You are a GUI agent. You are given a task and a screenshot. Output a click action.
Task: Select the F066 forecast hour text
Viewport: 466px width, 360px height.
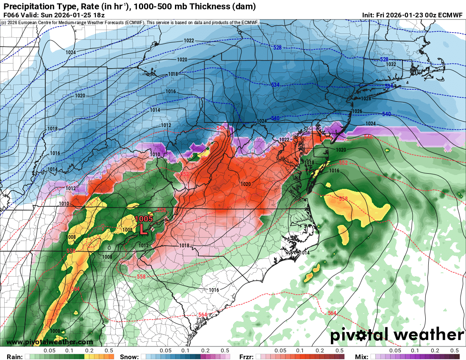pos(11,15)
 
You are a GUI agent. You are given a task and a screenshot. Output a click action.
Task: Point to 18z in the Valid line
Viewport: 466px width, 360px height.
pos(96,15)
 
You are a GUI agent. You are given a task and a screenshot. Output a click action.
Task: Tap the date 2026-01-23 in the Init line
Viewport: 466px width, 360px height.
pos(408,15)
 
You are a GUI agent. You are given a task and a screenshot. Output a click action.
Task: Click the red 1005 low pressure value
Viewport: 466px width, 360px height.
pos(144,219)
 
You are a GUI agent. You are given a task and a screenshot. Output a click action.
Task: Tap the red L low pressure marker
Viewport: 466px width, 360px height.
pos(144,230)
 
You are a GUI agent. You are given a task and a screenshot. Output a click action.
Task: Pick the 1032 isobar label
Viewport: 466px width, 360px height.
pos(391,64)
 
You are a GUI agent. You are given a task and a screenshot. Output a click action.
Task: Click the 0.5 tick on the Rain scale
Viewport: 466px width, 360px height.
pos(109,351)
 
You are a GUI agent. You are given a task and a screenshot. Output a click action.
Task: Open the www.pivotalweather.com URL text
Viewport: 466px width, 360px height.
pos(50,342)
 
